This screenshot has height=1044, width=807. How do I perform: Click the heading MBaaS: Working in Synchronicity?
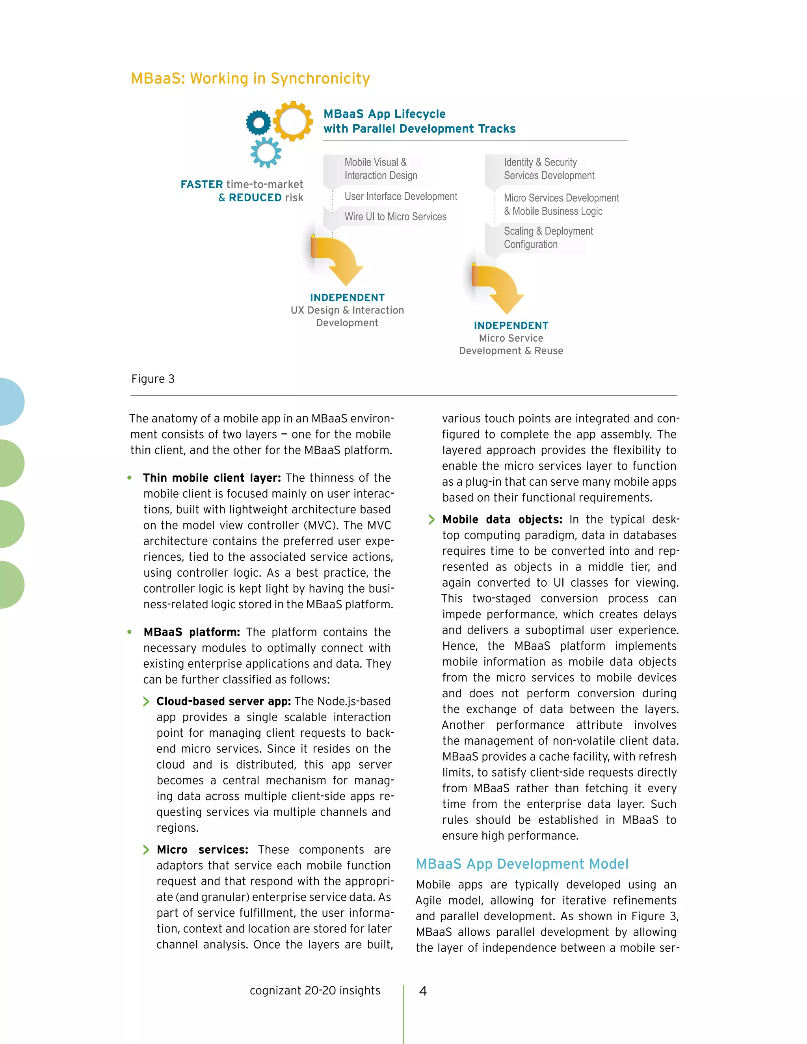(250, 78)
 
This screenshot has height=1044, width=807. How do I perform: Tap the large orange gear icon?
(293, 121)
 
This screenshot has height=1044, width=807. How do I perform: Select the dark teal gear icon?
(258, 123)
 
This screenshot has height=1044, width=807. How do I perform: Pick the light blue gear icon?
(266, 152)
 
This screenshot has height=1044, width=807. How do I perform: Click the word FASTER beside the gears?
(202, 184)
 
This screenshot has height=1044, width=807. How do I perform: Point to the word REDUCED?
(255, 197)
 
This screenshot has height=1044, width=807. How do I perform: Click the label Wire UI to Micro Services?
(395, 217)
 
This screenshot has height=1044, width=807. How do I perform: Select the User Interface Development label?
(401, 197)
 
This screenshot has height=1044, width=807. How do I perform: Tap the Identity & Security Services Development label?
(549, 169)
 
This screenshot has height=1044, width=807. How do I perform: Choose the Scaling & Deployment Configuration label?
(548, 238)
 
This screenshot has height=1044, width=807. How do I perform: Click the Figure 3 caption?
(153, 379)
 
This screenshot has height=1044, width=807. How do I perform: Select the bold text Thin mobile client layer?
(212, 478)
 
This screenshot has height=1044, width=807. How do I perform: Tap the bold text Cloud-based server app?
(224, 701)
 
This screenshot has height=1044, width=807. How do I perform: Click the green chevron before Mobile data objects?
(432, 520)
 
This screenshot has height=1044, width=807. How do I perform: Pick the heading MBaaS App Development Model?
(522, 864)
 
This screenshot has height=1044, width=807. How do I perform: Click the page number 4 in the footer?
(423, 991)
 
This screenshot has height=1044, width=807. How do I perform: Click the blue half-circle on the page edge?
(11, 401)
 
